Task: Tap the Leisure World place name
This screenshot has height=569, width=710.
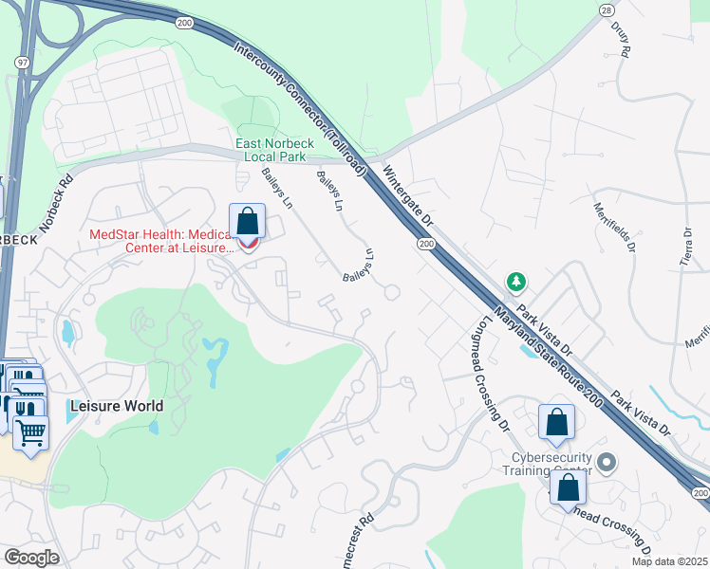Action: (116, 406)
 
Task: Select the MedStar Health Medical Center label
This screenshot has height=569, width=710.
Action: (160, 242)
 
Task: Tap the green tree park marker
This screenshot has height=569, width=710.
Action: (516, 282)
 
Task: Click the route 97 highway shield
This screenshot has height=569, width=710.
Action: (21, 62)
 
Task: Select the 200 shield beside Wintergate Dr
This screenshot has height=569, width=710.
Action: (425, 245)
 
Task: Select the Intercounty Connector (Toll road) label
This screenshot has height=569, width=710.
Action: (298, 110)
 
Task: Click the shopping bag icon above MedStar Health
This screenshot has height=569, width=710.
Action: (247, 222)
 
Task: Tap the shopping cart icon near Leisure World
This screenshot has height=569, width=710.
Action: (31, 432)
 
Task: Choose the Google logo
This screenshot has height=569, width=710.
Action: (32, 558)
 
